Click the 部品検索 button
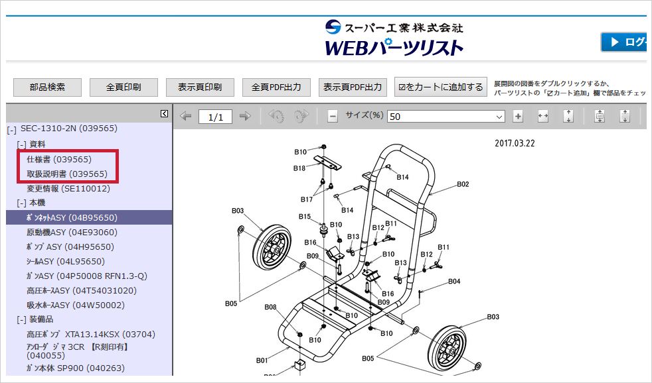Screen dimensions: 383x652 (x=47, y=87)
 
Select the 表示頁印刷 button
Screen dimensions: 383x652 (x=199, y=87)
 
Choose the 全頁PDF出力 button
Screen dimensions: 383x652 (x=276, y=87)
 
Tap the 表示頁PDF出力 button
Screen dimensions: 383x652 (x=352, y=87)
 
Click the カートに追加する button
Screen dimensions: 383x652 (x=440, y=87)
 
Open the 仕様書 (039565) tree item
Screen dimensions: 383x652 (x=59, y=160)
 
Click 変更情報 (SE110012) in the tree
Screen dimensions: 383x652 (x=68, y=188)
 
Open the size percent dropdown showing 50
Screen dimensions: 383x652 (x=446, y=116)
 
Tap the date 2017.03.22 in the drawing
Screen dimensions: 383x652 (x=515, y=143)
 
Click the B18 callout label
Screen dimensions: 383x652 (x=300, y=168)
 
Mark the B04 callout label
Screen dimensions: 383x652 (x=453, y=281)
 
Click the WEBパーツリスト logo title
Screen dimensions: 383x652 (x=394, y=48)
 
